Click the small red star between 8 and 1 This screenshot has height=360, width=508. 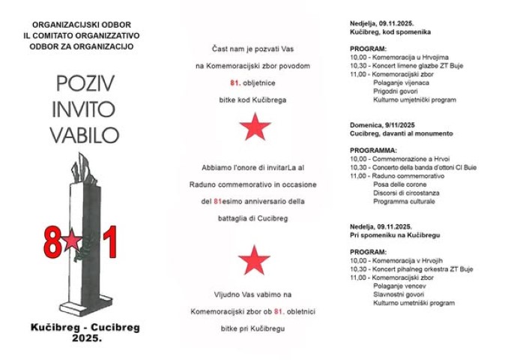pos(72,241)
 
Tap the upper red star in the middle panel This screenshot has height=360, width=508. pos(254,129)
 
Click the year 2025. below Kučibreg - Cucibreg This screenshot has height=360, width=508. pos(86,338)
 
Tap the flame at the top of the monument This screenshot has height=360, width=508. pos(82,161)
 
